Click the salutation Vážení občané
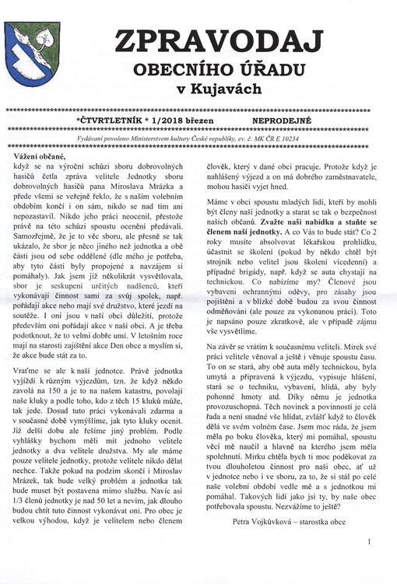click(40, 156)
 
